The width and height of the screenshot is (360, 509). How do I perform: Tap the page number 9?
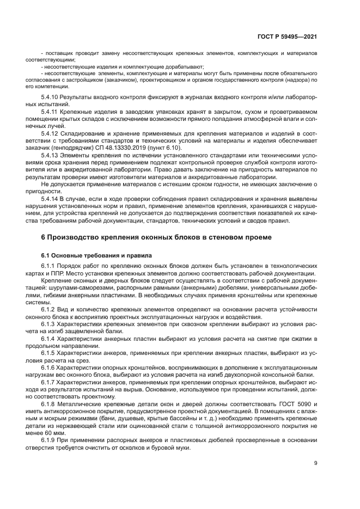[x=316, y=463]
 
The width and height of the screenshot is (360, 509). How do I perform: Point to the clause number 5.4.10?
[x=51, y=96]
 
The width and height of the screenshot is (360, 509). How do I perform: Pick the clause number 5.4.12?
[x=51, y=132]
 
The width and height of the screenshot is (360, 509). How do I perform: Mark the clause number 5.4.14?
[x=51, y=199]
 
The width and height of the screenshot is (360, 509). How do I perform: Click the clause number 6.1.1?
[x=49, y=265]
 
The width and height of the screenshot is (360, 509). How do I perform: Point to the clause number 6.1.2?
[x=49, y=308]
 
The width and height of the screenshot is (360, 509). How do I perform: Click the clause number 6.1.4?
[x=49, y=338]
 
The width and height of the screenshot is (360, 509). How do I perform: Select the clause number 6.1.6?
[x=49, y=367]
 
